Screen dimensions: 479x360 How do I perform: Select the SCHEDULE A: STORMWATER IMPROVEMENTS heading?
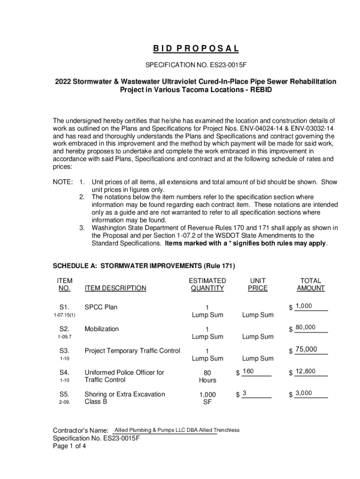144,266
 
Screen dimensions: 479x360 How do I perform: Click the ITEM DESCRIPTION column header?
115,288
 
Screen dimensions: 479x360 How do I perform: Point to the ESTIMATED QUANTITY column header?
207,284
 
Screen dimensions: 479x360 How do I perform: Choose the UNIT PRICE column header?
258,284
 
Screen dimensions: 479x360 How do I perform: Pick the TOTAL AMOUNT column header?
310,284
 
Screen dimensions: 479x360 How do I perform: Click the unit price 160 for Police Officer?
248,371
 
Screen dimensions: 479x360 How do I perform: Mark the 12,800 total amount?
305,371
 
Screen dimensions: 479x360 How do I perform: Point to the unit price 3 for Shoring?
245,393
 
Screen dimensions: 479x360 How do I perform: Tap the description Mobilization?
101,329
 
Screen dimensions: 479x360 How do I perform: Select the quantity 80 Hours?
207,376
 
